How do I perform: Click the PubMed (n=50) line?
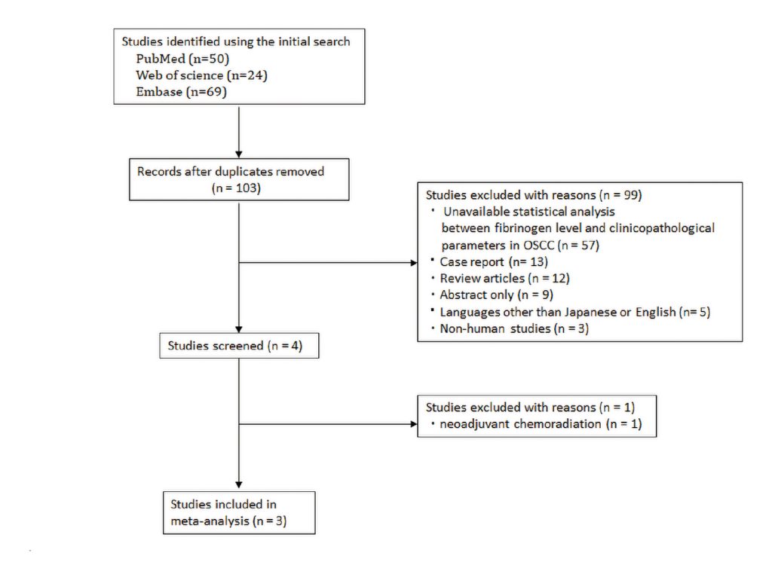182,59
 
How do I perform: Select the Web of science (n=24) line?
202,75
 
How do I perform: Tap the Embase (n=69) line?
181,92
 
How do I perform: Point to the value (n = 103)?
236,188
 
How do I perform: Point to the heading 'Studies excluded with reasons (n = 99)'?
534,195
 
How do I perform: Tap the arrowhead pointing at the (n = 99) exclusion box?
414,263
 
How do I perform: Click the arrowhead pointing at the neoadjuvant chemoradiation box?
414,423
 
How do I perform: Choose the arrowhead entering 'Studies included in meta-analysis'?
239,485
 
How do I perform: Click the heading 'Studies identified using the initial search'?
236,42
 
